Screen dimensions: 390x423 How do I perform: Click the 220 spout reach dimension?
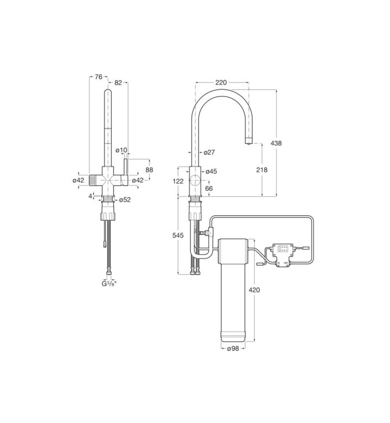[x=221, y=82]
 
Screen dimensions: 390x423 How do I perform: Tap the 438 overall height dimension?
[x=276, y=143]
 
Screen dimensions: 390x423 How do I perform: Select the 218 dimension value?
[x=262, y=170]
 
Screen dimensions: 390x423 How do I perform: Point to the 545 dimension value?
[x=178, y=235]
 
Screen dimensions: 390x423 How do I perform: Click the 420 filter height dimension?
[x=254, y=290]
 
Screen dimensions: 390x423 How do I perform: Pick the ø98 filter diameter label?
[x=233, y=349]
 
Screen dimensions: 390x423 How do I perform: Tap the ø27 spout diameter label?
[x=209, y=152]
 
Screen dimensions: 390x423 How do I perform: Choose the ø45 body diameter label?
[x=211, y=171]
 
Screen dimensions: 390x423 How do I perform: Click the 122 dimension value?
[x=178, y=181]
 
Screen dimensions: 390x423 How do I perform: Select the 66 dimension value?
[x=209, y=188]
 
